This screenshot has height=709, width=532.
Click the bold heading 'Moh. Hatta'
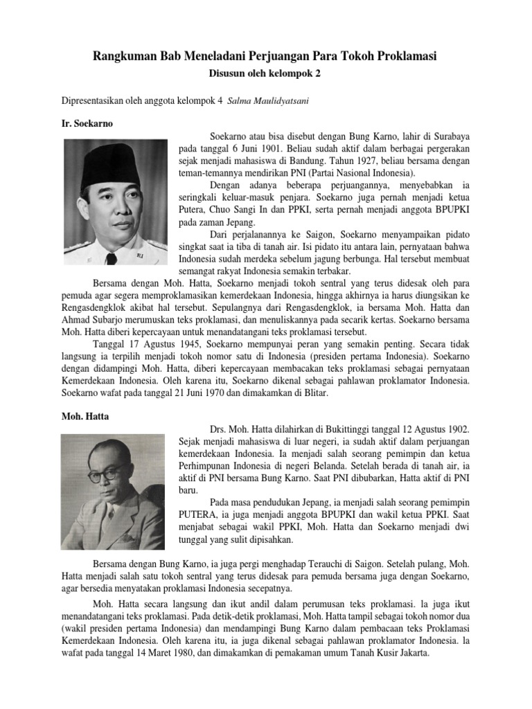click(x=85, y=418)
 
